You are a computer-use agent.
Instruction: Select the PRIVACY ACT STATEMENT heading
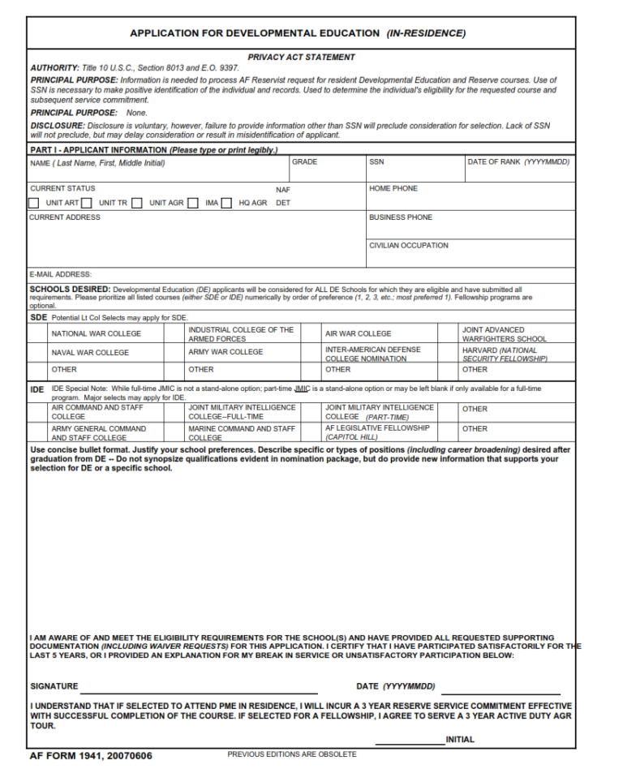[x=301, y=58]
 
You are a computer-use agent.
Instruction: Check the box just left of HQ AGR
[x=227, y=204]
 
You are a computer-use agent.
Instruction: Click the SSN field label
[x=376, y=162]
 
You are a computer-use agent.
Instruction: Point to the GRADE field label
[x=304, y=162]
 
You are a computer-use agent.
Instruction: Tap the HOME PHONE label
[x=393, y=188]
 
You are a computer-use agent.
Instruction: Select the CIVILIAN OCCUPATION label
[x=408, y=245]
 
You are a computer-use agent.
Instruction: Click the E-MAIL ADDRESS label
[x=61, y=274]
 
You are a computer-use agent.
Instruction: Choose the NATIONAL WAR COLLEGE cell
[x=96, y=333]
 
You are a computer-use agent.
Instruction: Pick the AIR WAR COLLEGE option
[x=358, y=333]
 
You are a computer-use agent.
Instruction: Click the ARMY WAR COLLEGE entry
[x=226, y=352]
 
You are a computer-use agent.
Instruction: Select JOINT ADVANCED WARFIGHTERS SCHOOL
[x=505, y=334]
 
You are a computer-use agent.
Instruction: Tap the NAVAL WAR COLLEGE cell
[x=90, y=353]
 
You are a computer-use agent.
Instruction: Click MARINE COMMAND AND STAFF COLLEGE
[x=242, y=432]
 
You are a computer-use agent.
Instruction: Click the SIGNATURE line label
[x=54, y=686]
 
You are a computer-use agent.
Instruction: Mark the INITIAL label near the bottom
[x=460, y=740]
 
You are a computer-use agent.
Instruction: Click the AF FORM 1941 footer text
[x=90, y=756]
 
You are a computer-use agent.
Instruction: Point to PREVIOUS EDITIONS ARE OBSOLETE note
[x=291, y=754]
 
